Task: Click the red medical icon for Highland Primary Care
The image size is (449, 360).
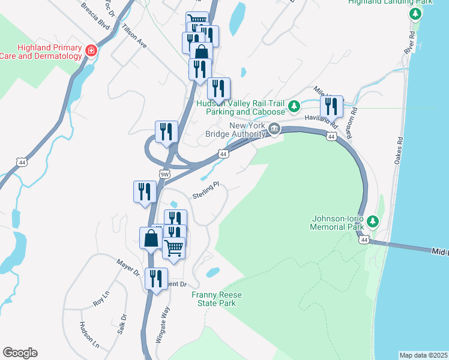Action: [91, 50]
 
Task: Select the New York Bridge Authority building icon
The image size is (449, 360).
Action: [274, 128]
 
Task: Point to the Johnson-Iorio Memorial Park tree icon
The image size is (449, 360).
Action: [372, 222]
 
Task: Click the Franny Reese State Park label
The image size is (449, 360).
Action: [213, 299]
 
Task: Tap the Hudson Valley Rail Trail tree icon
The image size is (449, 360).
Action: [294, 107]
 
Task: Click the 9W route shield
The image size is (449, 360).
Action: [164, 174]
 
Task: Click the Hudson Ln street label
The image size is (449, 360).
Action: [89, 335]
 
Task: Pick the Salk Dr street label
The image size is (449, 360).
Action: [122, 325]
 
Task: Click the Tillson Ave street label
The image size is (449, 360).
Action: [134, 36]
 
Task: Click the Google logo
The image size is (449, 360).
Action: [20, 353]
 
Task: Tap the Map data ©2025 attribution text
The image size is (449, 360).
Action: [423, 355]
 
